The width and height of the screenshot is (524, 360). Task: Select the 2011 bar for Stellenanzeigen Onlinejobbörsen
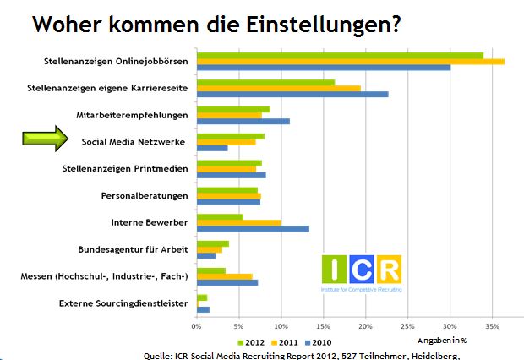(350, 62)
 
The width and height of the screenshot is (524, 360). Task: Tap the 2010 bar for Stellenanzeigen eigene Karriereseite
(292, 95)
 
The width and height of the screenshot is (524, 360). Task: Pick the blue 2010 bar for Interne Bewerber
(253, 229)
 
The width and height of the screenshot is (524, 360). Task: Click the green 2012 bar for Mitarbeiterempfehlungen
(233, 109)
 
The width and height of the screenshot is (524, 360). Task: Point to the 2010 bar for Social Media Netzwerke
(211, 149)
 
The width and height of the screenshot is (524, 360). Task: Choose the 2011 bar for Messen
(224, 276)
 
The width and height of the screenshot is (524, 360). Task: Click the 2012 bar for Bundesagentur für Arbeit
(212, 243)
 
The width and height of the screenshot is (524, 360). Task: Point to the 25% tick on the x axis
(408, 325)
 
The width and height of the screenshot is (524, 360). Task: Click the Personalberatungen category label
(145, 196)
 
